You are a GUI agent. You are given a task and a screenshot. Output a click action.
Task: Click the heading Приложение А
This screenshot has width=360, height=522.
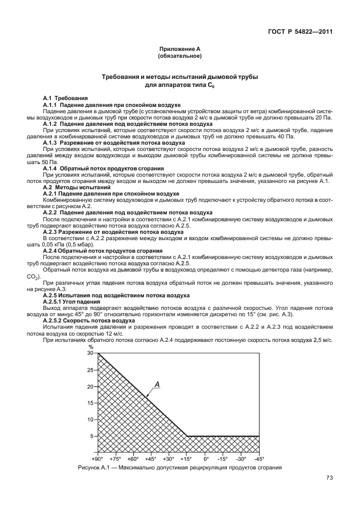(179, 50)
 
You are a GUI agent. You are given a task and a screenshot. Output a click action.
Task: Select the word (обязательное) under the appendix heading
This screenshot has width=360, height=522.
(179, 57)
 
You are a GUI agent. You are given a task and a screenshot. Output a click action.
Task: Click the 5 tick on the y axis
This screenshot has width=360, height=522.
(91, 436)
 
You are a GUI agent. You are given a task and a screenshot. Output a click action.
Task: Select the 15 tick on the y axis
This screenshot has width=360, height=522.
(90, 403)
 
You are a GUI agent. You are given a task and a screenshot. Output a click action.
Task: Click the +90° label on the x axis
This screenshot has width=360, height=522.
(97, 459)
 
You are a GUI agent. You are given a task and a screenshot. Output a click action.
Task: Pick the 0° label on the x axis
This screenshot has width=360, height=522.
(206, 459)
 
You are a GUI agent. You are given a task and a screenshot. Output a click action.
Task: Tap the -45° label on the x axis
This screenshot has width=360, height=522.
(259, 459)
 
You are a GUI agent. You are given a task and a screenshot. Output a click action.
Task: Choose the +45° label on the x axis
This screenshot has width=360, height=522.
(151, 459)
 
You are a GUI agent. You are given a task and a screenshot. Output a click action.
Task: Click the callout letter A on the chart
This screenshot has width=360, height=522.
(156, 385)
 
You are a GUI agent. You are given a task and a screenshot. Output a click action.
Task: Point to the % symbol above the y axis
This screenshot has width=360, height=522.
(90, 346)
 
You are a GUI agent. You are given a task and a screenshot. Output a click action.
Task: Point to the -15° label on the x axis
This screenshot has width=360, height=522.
(223, 459)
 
